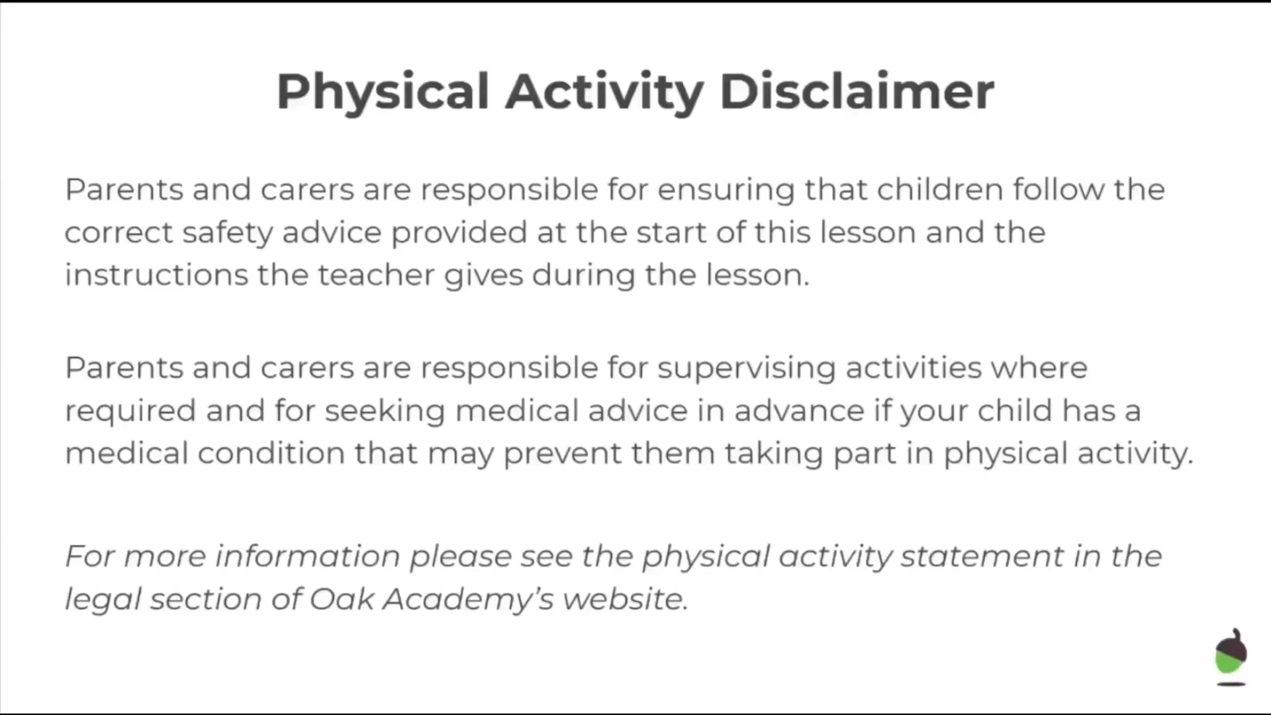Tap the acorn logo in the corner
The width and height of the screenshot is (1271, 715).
click(x=1231, y=656)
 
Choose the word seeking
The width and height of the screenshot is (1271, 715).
click(x=385, y=412)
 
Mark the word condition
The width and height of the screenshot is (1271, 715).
click(x=271, y=453)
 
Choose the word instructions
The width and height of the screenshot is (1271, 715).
click(x=156, y=275)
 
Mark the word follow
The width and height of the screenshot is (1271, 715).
click(x=1059, y=189)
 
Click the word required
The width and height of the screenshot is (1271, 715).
click(x=130, y=412)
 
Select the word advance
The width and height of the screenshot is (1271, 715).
click(x=799, y=410)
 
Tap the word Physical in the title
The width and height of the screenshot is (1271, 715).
click(x=383, y=93)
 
